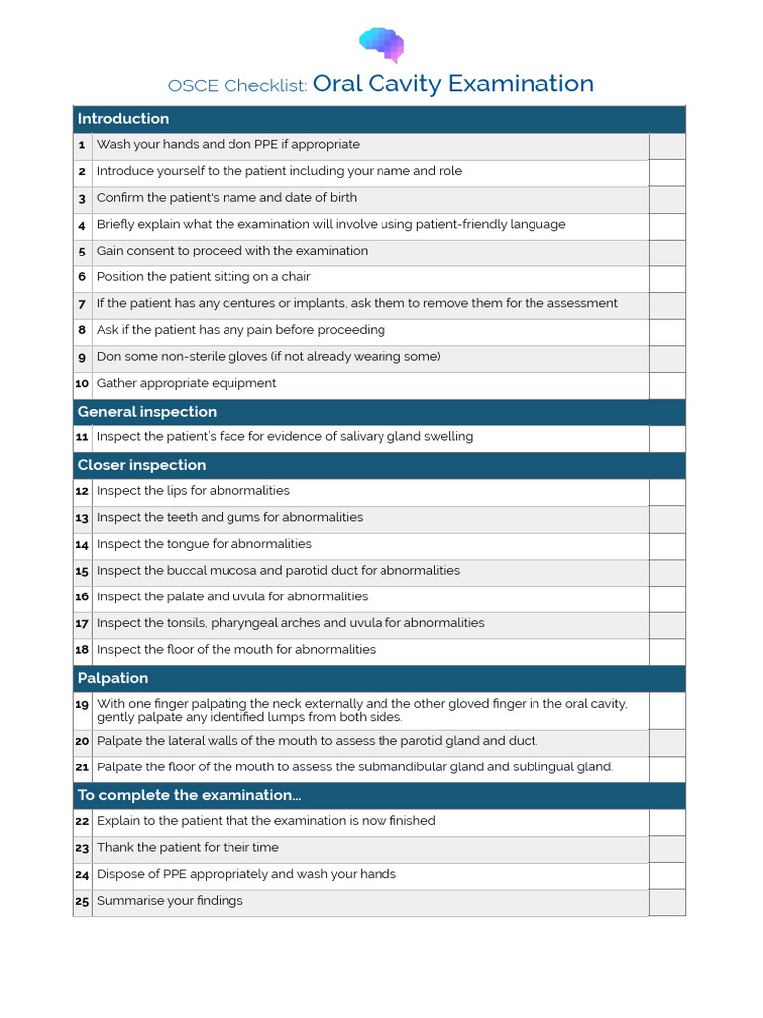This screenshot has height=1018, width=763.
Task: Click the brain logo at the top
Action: point(381,44)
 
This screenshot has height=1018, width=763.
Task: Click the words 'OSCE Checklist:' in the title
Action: point(237,85)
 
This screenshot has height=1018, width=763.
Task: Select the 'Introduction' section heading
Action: point(123,119)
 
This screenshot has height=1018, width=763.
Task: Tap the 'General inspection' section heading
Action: point(147,412)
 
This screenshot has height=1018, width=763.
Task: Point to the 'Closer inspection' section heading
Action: point(142,465)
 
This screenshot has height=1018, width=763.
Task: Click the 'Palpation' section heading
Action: point(113,678)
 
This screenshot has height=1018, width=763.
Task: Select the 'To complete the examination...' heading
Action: point(189,795)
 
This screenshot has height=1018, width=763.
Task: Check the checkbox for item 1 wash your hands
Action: point(667,146)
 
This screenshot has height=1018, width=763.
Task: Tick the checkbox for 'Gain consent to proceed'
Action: point(667,253)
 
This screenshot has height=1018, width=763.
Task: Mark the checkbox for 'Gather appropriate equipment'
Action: point(667,385)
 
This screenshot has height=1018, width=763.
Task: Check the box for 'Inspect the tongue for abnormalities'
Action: point(667,546)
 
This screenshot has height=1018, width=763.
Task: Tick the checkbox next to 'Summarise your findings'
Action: point(667,902)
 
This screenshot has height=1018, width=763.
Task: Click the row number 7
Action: point(82,304)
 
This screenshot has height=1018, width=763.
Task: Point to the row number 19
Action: point(82,704)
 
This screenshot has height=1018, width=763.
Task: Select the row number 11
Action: point(82,437)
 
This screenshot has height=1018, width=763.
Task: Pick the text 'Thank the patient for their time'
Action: point(188,847)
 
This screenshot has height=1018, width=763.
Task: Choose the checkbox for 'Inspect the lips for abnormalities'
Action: point(667,492)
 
